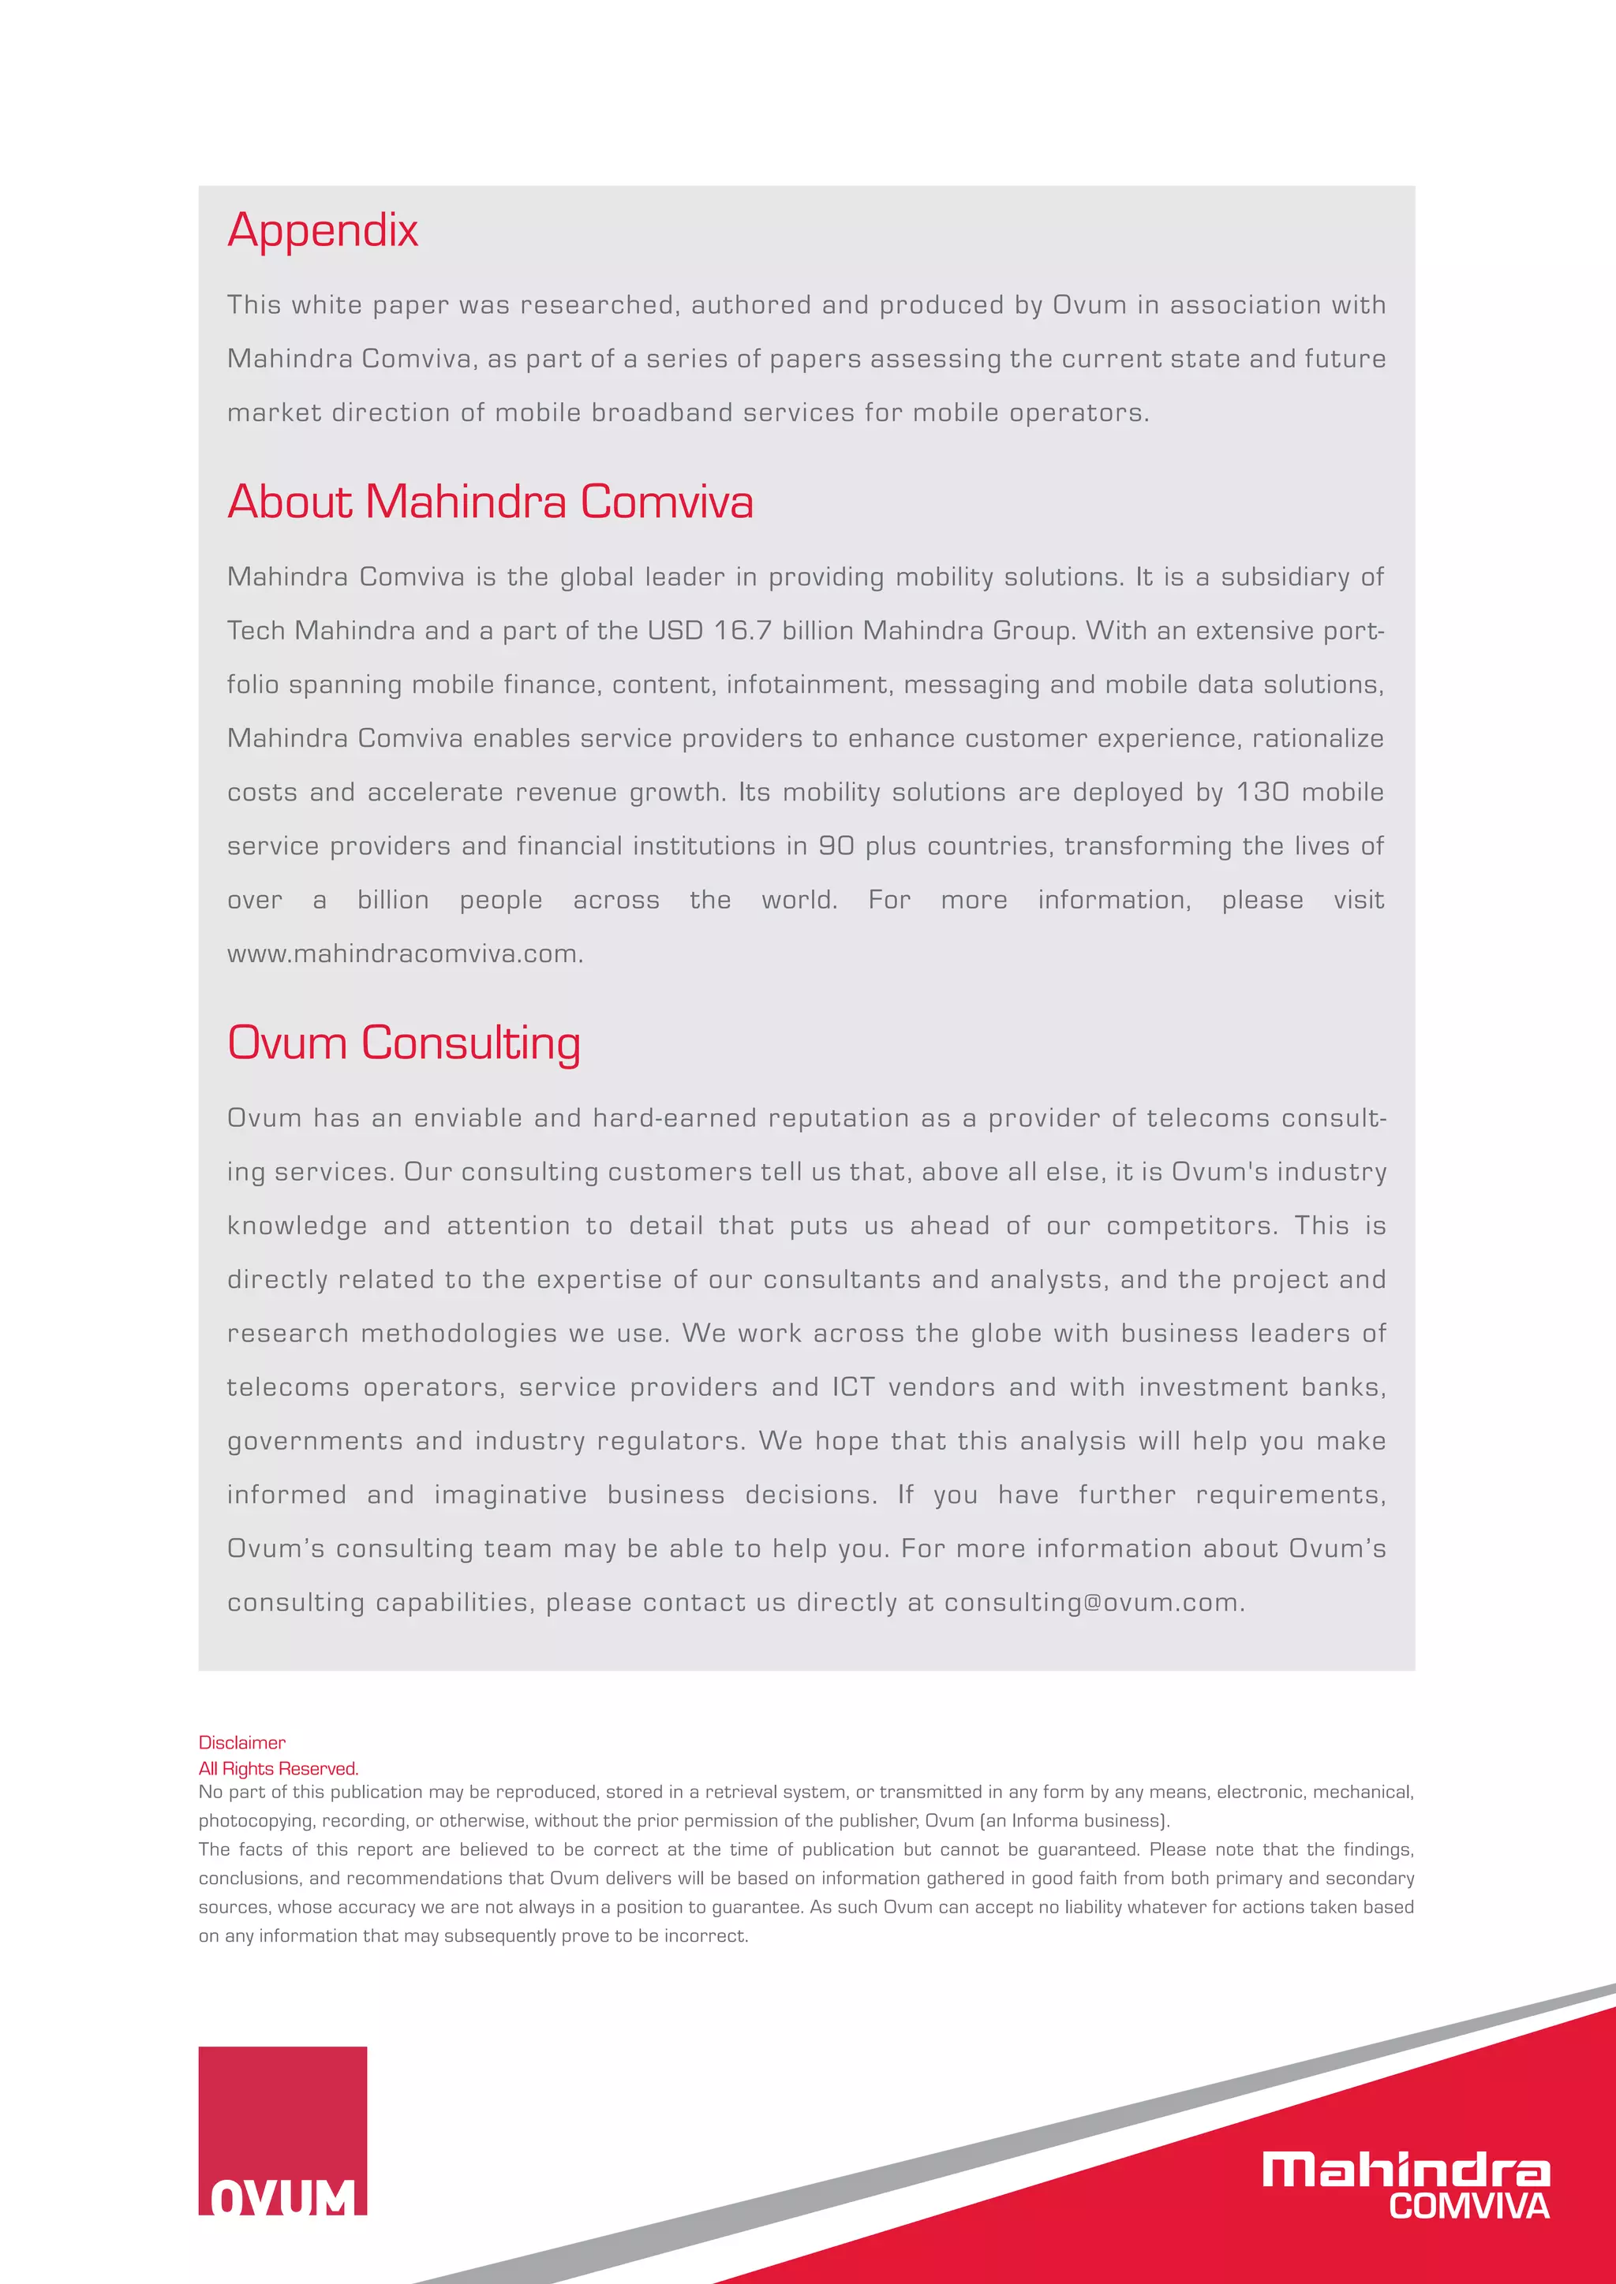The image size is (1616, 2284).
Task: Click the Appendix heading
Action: coord(323,231)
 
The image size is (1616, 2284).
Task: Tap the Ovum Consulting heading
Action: coord(403,1043)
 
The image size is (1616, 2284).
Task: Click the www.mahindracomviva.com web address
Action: coord(404,954)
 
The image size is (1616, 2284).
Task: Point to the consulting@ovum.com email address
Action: coord(1093,1603)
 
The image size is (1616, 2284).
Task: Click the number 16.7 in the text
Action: coord(743,631)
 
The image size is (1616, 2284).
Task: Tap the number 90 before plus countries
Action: coord(836,845)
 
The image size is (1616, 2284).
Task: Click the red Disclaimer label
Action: coord(241,1743)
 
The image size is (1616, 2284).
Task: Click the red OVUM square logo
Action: coord(282,2129)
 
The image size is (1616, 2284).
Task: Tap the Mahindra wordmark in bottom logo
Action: coord(1405,2170)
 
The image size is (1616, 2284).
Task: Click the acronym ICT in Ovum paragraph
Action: coord(853,1388)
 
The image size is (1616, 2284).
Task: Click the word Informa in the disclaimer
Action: coord(1044,1821)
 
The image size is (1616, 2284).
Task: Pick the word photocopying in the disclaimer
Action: coord(255,1821)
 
